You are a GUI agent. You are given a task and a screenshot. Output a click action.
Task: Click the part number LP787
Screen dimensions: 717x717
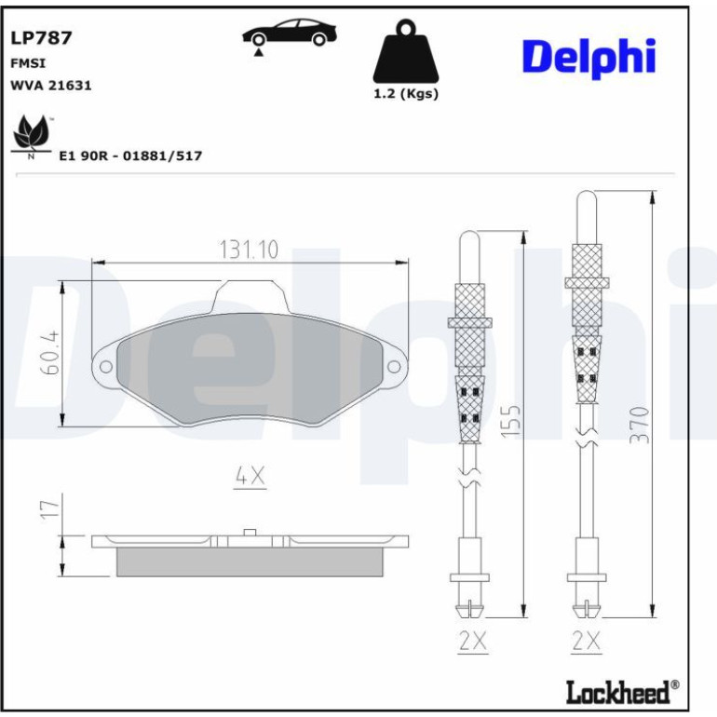[x=41, y=38]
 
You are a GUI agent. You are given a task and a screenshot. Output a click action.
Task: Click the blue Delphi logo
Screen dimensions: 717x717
[x=588, y=58]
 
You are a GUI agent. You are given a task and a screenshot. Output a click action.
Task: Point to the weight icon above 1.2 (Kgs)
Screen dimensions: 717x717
[x=406, y=51]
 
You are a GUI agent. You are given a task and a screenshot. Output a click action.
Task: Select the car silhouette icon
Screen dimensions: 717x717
[x=290, y=34]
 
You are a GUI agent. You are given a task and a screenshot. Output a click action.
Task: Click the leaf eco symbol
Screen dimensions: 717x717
[x=31, y=137]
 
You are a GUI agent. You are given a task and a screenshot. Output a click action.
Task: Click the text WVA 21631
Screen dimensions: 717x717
[x=51, y=86]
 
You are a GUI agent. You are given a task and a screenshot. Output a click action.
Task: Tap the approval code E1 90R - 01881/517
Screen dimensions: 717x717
[x=130, y=156]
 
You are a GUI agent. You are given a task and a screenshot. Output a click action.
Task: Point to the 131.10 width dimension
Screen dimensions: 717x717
[x=250, y=250]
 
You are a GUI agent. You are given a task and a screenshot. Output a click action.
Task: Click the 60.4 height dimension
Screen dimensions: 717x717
[x=50, y=353]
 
